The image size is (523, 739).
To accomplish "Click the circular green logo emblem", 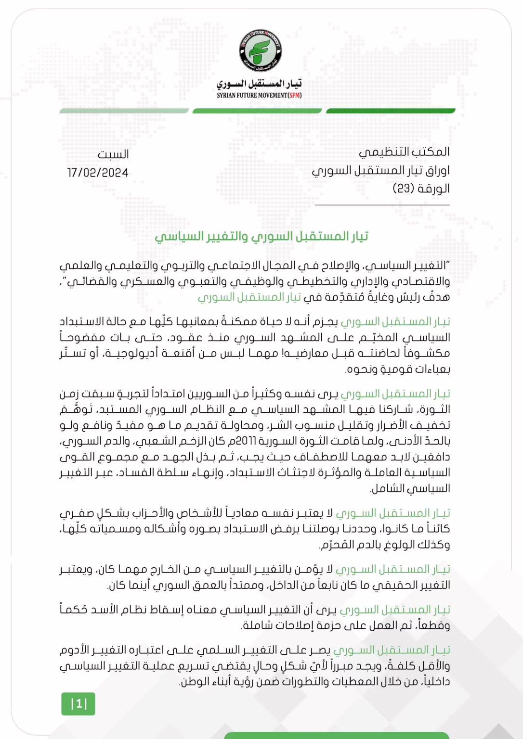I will (x=261, y=51).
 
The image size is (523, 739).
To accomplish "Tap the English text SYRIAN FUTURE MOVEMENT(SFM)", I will (x=259, y=95).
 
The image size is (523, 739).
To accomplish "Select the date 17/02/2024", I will (x=98, y=173).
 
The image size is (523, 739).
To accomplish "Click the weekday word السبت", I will (x=113, y=154).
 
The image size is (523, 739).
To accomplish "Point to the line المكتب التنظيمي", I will (x=404, y=152).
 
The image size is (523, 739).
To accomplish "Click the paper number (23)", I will (x=403, y=188).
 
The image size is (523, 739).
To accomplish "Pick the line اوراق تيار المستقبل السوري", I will (x=380, y=170).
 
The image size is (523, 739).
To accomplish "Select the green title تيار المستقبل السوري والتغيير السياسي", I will (x=261, y=236).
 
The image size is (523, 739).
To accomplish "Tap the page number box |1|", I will (x=78, y=704).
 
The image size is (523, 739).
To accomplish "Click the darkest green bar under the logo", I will (x=391, y=111).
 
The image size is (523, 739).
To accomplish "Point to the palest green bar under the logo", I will (x=124, y=111).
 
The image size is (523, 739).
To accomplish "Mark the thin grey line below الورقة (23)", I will (x=382, y=205).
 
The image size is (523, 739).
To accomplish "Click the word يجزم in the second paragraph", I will (x=327, y=321).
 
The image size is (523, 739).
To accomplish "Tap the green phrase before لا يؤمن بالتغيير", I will (x=392, y=569).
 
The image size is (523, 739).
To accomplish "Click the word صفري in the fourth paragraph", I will (x=73, y=513).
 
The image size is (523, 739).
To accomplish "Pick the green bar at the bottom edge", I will (x=336, y=736).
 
